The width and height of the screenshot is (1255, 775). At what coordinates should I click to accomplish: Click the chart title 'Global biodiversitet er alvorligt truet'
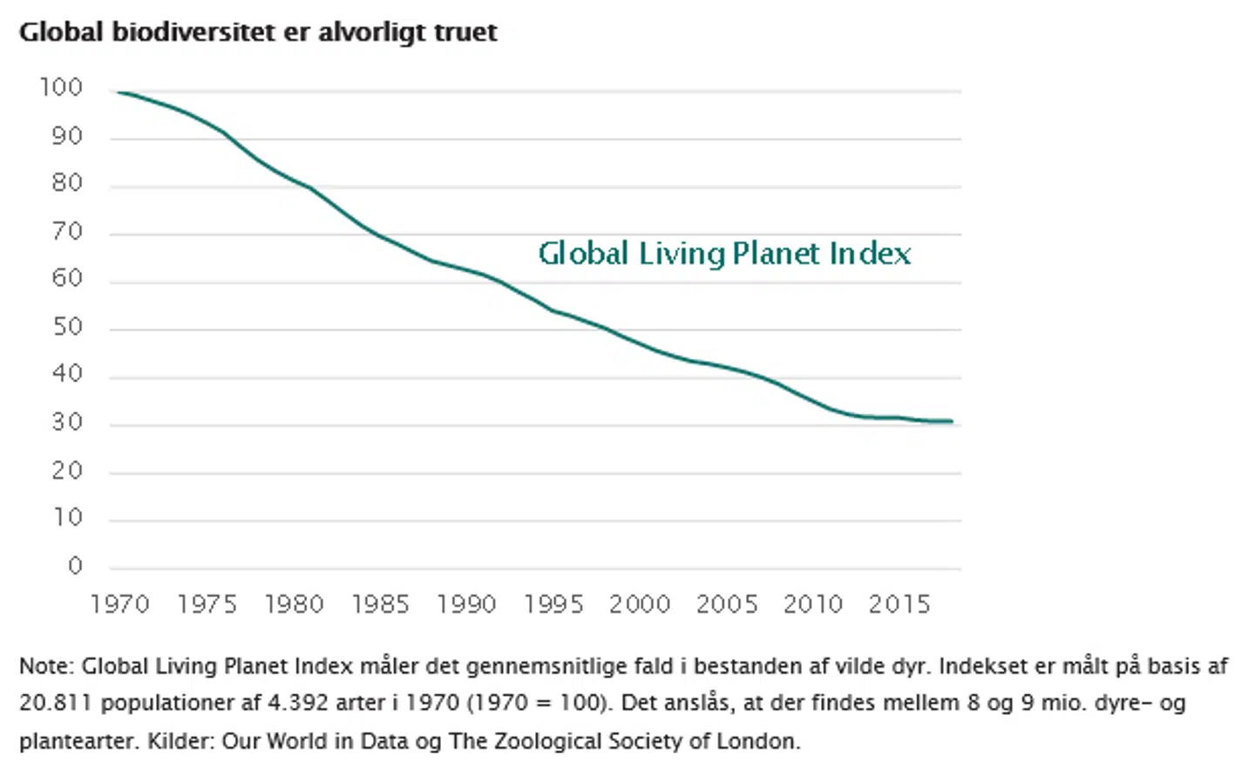click(258, 32)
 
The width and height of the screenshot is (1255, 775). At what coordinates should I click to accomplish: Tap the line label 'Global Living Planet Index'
click(724, 254)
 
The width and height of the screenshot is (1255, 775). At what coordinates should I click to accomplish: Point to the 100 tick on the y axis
click(61, 87)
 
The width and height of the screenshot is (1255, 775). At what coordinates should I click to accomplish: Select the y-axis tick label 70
click(67, 232)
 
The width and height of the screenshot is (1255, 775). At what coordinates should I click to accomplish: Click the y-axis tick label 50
click(67, 327)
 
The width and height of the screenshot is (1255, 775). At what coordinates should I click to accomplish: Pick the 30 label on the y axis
click(67, 423)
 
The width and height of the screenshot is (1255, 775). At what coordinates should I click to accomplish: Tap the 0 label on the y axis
click(75, 566)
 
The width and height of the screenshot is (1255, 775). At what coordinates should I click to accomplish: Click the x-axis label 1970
click(120, 604)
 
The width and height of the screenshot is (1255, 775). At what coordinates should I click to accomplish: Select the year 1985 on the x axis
click(380, 604)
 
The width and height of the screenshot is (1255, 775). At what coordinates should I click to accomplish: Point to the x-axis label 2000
click(640, 604)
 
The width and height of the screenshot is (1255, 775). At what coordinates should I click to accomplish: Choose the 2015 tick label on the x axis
click(899, 604)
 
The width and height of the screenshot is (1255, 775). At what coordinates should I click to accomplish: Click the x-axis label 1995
click(553, 604)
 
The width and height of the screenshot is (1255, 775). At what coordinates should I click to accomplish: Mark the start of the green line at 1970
click(118, 92)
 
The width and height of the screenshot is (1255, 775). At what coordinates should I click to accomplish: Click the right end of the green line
click(952, 422)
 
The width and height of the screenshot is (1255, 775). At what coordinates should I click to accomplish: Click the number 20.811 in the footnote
click(56, 704)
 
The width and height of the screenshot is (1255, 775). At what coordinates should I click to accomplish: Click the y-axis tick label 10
click(67, 518)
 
